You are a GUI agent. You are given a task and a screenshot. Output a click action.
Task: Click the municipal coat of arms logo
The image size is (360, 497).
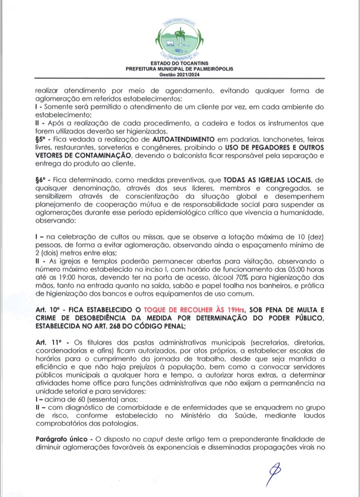179,37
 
